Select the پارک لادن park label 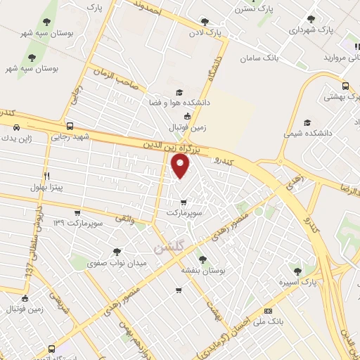(204, 33)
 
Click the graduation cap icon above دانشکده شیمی (307, 121)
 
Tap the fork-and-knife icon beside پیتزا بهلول (46, 175)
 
